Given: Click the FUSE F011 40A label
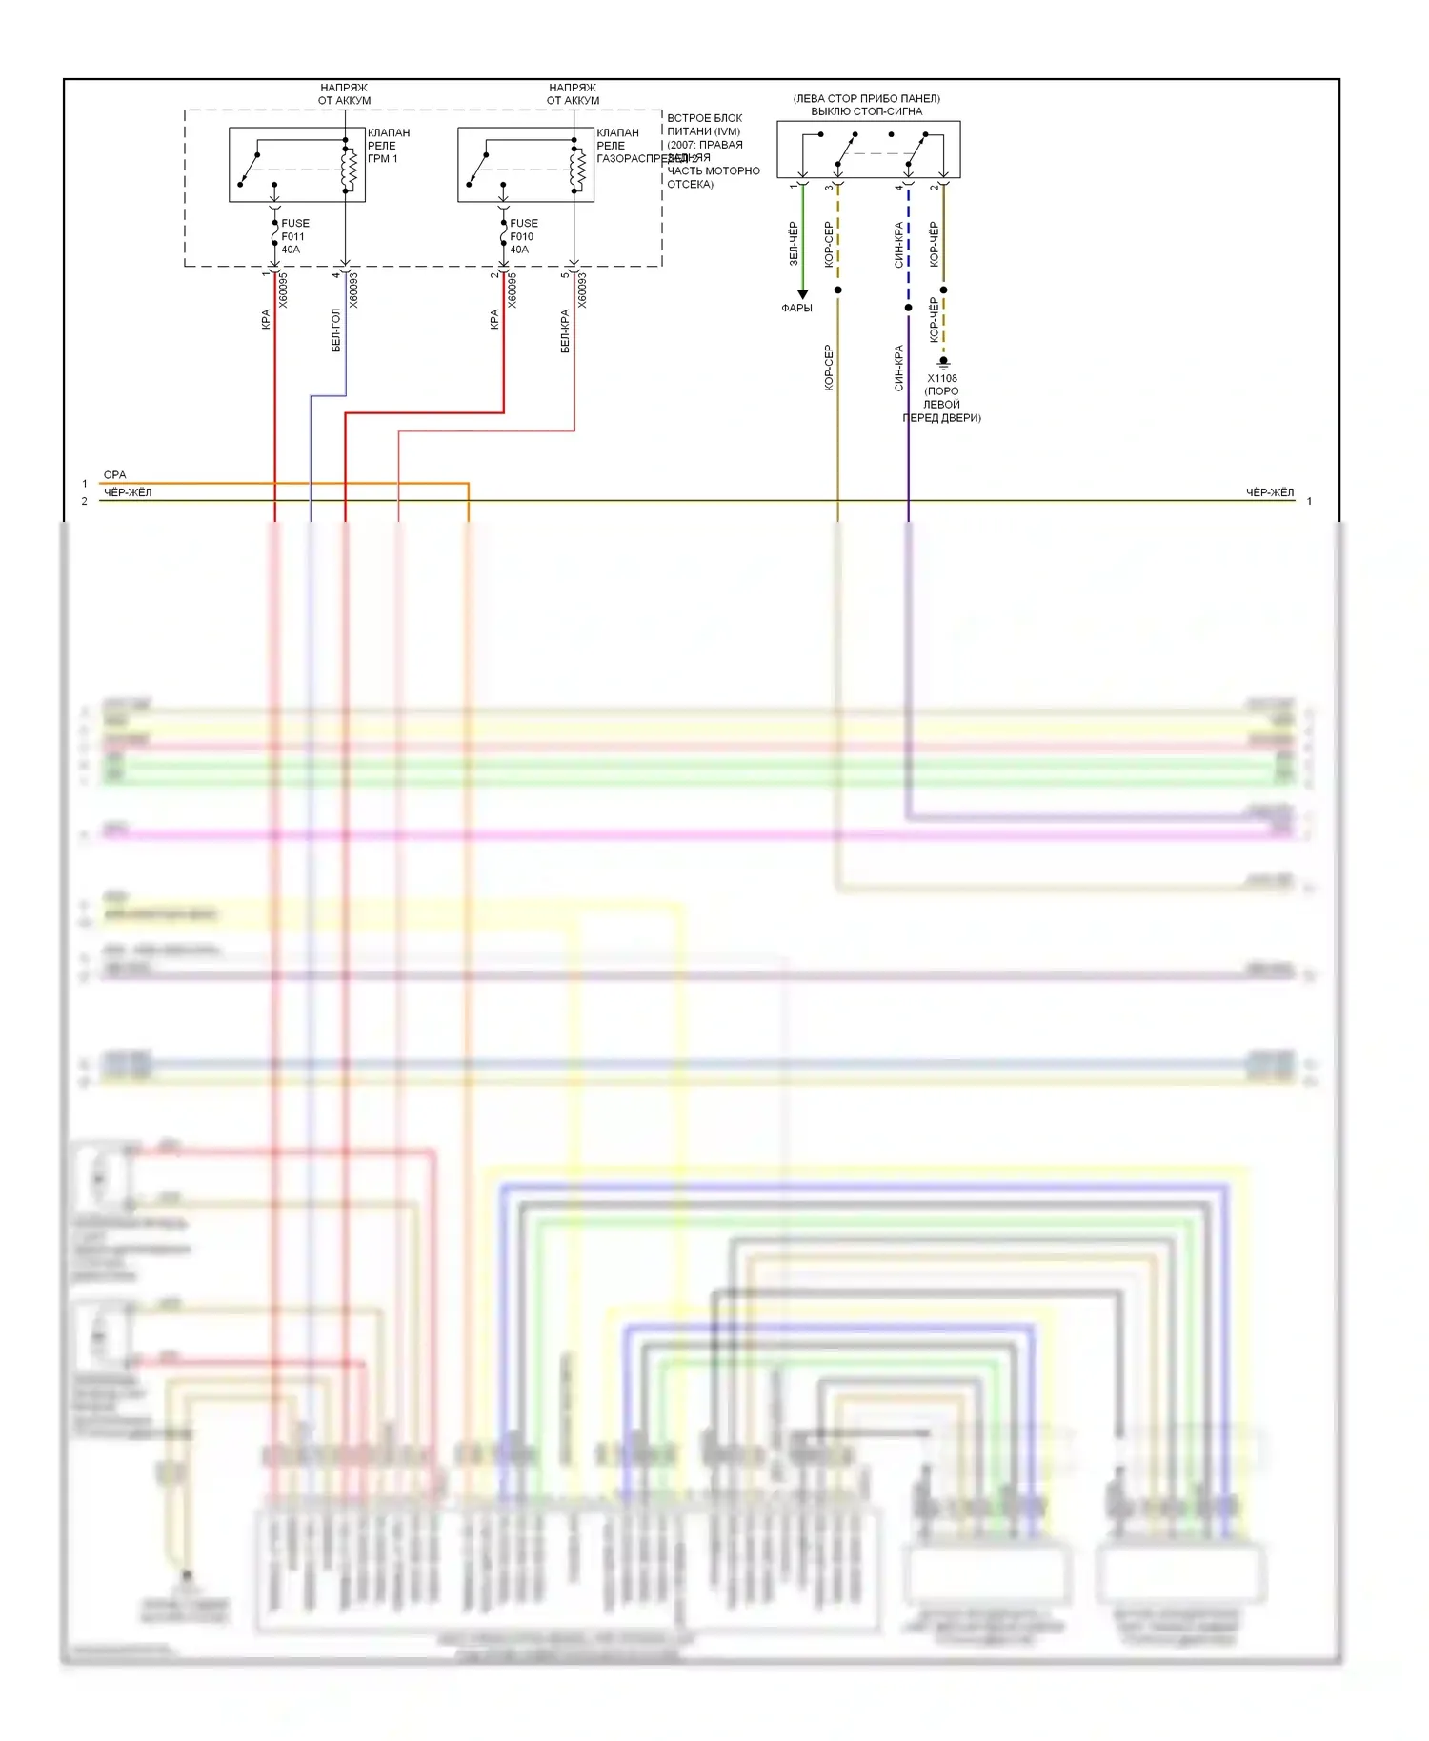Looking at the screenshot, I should point(294,236).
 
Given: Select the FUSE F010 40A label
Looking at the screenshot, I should point(523,236).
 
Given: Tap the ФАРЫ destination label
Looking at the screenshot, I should point(796,308).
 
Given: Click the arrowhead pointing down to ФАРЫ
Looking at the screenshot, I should point(802,295).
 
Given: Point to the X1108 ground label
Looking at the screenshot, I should point(942,378).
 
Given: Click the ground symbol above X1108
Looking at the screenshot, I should point(943,363).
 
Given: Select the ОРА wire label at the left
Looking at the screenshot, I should point(114,474).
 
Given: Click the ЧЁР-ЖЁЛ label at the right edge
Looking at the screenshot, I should point(1269,492).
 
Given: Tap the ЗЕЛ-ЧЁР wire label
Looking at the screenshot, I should point(793,244).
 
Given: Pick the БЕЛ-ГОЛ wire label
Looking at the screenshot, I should point(335,330).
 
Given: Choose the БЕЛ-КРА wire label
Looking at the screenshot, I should point(564,330).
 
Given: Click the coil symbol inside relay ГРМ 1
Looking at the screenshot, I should point(350,170).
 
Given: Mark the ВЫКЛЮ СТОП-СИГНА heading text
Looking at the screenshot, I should point(866,111).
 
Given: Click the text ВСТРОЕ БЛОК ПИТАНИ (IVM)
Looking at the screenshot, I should point(704,125).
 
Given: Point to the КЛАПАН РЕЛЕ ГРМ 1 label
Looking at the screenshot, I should point(389,146).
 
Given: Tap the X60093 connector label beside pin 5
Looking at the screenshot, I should point(582,290).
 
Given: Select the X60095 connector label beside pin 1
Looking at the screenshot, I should point(283,290).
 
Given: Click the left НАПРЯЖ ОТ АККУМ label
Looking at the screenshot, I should point(344,93).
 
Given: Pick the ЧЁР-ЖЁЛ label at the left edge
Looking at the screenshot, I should point(128,492).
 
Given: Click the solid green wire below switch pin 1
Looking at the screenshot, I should point(802,238).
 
